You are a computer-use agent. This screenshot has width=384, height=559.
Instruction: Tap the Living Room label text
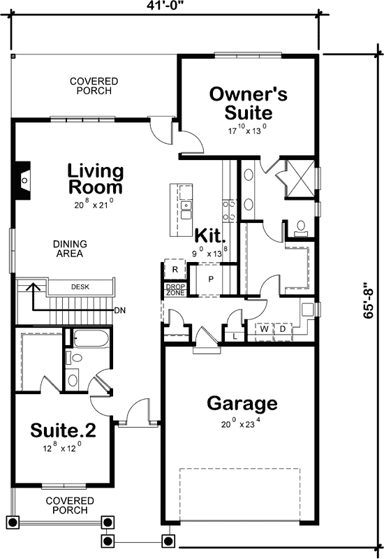(96, 179)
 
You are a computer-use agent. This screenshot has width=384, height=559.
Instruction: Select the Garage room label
(242, 403)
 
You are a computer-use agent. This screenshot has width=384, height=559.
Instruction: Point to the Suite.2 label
(63, 430)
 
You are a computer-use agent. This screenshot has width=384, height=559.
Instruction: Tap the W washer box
(265, 328)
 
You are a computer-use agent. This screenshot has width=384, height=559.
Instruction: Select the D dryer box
(283, 328)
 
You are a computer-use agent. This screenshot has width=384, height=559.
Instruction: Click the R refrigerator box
(174, 270)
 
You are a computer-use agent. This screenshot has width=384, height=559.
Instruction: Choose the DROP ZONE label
(174, 289)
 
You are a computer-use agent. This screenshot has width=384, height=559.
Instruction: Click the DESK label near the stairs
(80, 286)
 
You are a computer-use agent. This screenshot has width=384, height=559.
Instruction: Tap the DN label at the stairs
(121, 310)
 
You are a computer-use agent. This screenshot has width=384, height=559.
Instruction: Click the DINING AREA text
(69, 249)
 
